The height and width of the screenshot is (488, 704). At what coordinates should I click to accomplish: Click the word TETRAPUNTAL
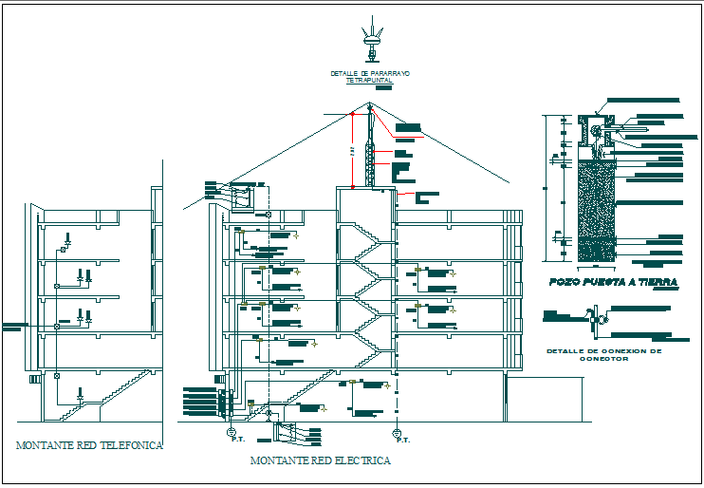(x=368, y=82)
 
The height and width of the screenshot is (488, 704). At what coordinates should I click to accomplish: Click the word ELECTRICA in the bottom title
(x=361, y=460)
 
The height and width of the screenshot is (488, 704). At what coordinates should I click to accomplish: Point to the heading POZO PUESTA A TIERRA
(x=612, y=282)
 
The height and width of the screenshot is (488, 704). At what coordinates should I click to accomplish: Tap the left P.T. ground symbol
(x=231, y=432)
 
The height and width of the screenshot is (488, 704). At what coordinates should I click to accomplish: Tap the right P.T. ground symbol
(x=397, y=432)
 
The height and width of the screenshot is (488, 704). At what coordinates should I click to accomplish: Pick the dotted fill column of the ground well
(x=597, y=209)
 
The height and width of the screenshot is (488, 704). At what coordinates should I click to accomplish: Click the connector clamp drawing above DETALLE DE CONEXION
(x=596, y=319)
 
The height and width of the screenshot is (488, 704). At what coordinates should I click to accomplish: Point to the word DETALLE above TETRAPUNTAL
(x=343, y=73)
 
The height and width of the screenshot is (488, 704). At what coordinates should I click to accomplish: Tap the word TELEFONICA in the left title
(x=130, y=444)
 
